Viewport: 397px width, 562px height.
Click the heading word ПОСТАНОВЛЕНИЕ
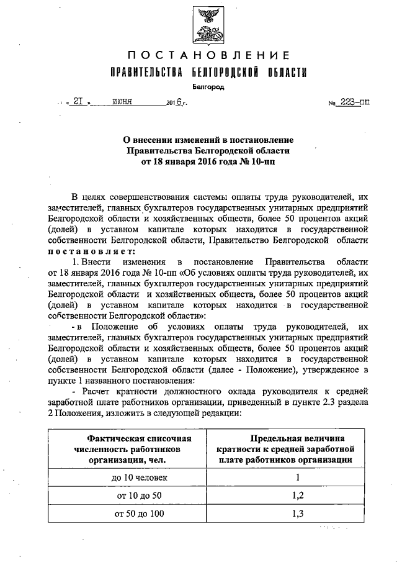tap(203, 56)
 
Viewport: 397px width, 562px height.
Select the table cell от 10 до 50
tap(136, 496)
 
